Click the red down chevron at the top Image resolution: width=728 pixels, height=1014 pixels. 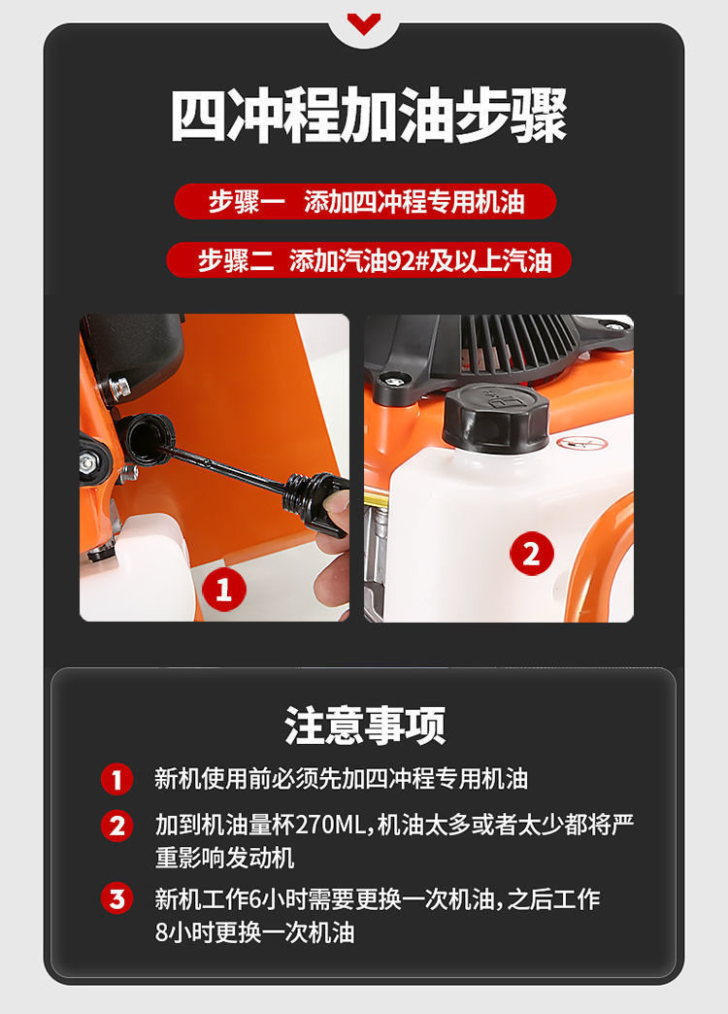(363, 23)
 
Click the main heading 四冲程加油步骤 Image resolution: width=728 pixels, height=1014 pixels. (369, 116)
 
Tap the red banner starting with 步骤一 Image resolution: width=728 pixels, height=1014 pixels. (365, 202)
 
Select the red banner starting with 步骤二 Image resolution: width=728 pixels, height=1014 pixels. (369, 260)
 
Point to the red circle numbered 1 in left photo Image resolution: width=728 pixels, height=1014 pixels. (223, 590)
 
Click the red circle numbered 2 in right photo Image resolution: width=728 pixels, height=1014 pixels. (532, 554)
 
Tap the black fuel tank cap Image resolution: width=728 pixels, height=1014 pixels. (496, 417)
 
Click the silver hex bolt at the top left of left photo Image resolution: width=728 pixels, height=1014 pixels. (119, 388)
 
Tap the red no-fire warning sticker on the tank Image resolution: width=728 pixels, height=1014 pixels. (581, 444)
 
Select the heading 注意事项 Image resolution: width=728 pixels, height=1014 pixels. (365, 725)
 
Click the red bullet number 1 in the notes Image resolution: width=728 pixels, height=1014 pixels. (117, 779)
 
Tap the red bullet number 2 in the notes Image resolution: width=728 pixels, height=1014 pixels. (117, 827)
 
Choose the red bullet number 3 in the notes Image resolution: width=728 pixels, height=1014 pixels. (117, 899)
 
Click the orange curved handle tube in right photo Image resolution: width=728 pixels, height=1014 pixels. (591, 557)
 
